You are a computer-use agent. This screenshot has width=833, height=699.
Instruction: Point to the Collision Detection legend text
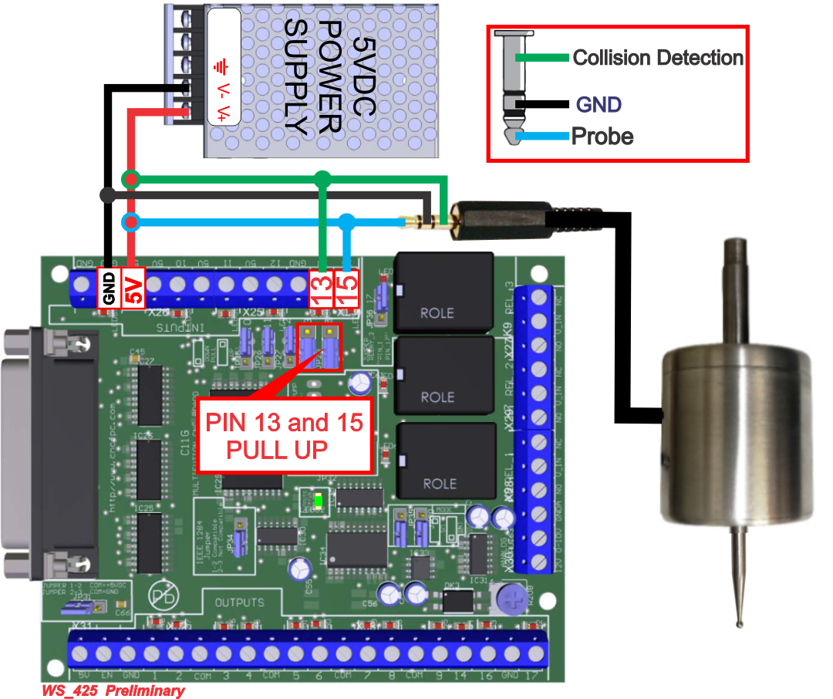[657, 58]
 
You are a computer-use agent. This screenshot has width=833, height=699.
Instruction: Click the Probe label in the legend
[602, 137]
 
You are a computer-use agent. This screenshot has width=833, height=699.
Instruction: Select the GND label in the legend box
[599, 105]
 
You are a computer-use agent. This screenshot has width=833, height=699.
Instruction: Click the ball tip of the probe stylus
[741, 617]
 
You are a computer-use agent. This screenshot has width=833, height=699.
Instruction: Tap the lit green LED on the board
[317, 503]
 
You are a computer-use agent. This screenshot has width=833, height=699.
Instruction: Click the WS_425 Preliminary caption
[113, 691]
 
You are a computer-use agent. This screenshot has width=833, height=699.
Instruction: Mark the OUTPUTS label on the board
[239, 602]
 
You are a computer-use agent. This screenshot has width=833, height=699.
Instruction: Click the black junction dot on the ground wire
[108, 194]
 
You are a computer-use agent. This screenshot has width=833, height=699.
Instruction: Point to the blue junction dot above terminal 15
[347, 223]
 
